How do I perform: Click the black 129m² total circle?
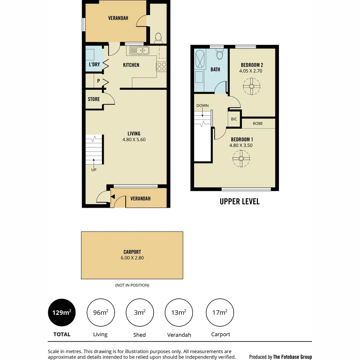pyautogui.click(x=62, y=313)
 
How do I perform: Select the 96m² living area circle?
pyautogui.click(x=100, y=313)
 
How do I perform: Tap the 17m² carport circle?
pyautogui.click(x=220, y=313)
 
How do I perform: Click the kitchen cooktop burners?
pyautogui.click(x=162, y=66)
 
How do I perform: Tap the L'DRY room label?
pyautogui.click(x=94, y=64)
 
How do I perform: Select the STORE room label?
pyautogui.click(x=94, y=99)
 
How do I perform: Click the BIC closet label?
pyautogui.click(x=234, y=119)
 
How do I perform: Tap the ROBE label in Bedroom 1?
pyautogui.click(x=258, y=123)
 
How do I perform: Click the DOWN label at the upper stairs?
pyautogui.click(x=202, y=106)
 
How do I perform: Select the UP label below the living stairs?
pyautogui.click(x=94, y=170)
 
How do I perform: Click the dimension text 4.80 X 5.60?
pyautogui.click(x=134, y=140)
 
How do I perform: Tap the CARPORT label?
pyautogui.click(x=132, y=252)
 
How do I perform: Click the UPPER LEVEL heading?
pyautogui.click(x=239, y=201)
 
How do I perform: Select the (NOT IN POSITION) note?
pyautogui.click(x=132, y=285)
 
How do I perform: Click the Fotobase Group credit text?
pyautogui.click(x=281, y=357)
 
